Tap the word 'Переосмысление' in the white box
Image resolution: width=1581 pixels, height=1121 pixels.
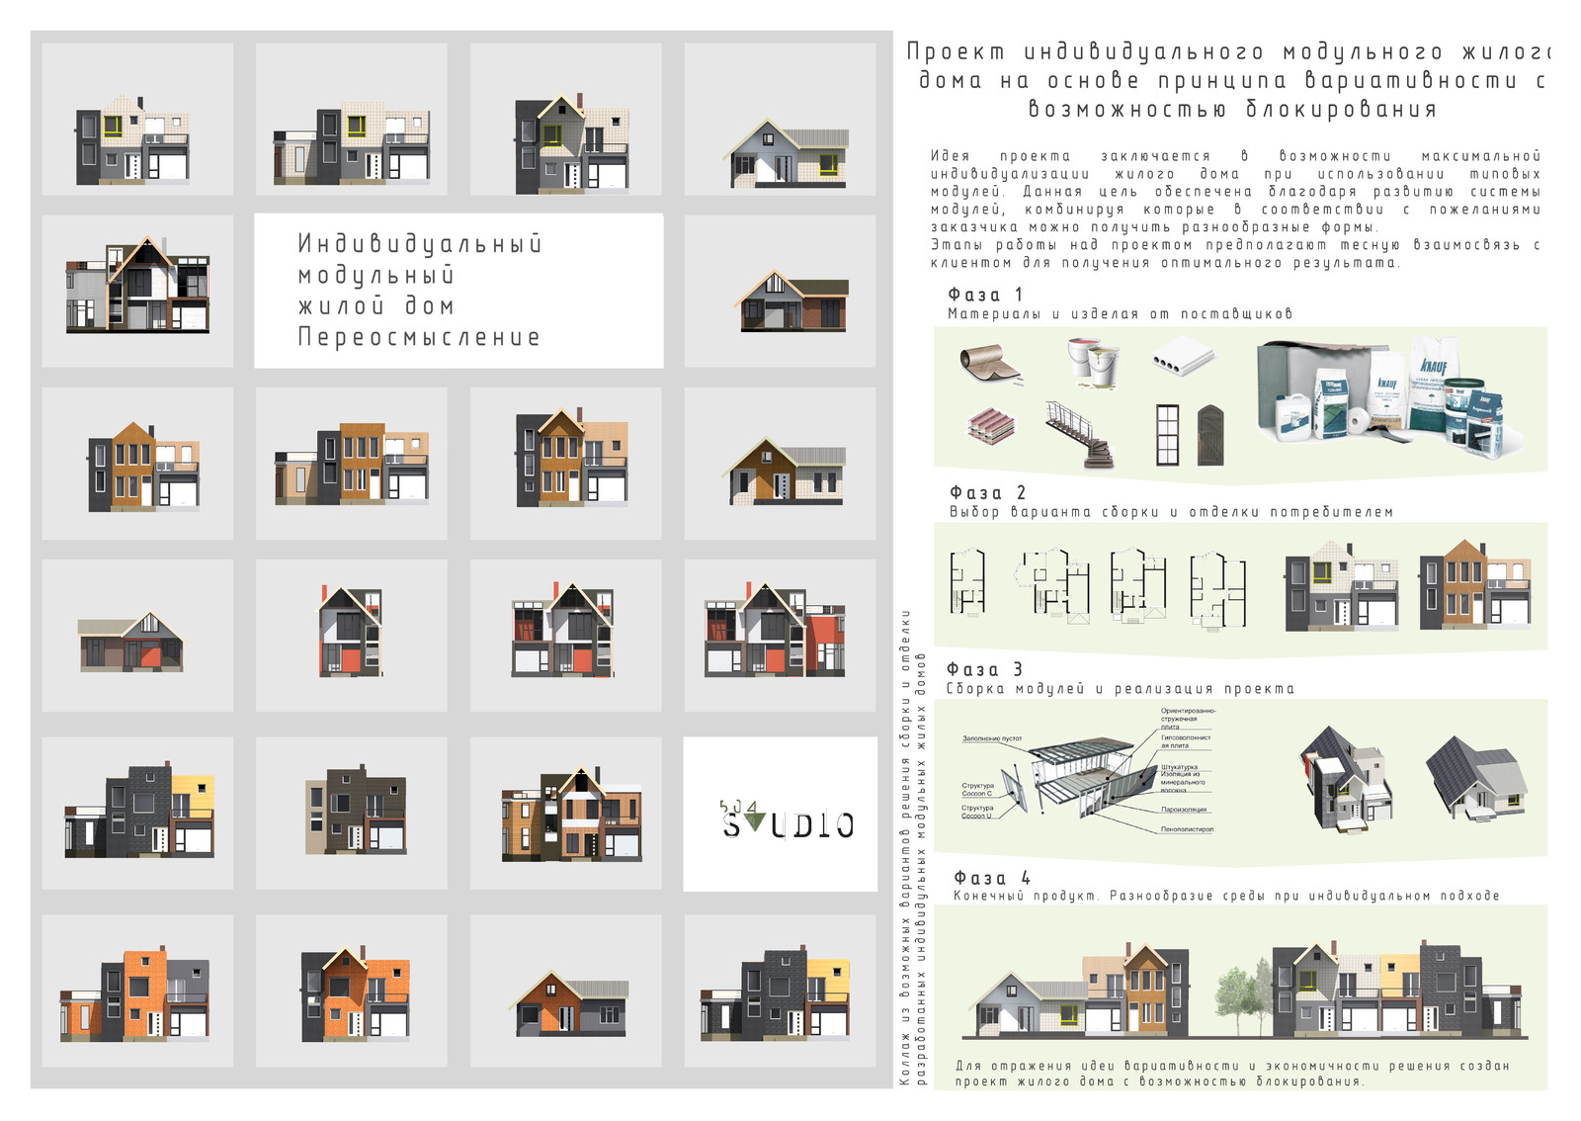(x=419, y=338)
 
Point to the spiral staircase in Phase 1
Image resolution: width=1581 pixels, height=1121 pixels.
(x=1081, y=435)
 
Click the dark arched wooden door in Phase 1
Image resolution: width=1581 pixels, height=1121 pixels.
(x=1211, y=435)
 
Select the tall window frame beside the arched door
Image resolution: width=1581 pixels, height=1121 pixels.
(x=1168, y=435)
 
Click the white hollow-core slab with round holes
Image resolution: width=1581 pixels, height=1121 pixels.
(x=1183, y=357)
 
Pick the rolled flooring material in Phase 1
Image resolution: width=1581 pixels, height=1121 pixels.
(x=991, y=362)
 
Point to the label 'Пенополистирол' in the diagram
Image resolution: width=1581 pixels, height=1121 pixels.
(x=1187, y=829)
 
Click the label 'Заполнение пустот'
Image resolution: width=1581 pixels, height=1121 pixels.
(x=992, y=738)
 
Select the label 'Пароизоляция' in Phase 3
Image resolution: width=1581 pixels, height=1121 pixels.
(x=1184, y=810)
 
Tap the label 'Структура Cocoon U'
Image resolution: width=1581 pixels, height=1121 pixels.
(x=977, y=812)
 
